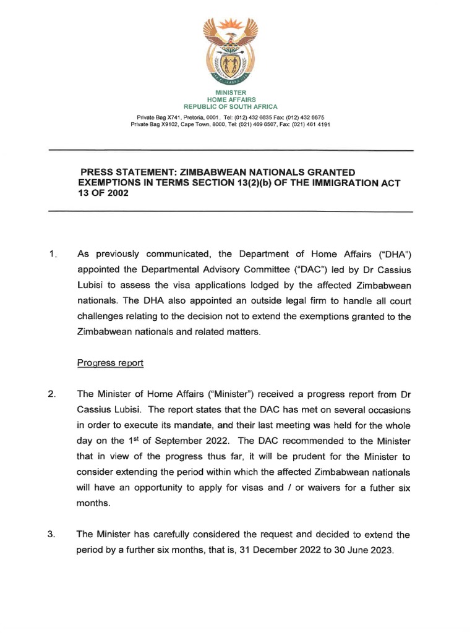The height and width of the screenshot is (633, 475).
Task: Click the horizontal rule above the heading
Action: pyautogui.click(x=230, y=151)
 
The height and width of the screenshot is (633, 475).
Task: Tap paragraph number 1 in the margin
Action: pyautogui.click(x=53, y=254)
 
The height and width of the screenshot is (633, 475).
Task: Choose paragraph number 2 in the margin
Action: pyautogui.click(x=53, y=395)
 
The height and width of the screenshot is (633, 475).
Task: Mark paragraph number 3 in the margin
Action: pyautogui.click(x=53, y=535)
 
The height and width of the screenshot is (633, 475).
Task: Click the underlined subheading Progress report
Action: pyautogui.click(x=110, y=363)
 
